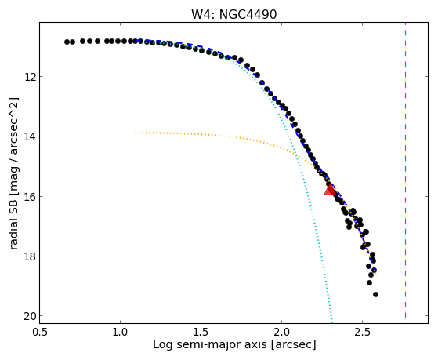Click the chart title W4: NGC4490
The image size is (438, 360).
(x=233, y=15)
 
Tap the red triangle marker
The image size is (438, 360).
(x=330, y=189)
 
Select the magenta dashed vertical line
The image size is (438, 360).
(x=405, y=170)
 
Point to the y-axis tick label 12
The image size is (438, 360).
(x=29, y=76)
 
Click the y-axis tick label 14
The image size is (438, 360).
(x=29, y=136)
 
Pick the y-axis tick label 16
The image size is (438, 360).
(x=29, y=196)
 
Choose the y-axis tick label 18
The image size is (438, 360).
(x=29, y=256)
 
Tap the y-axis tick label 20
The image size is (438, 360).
(x=29, y=316)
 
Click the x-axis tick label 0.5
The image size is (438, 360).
(x=39, y=333)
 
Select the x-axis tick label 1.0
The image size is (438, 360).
(x=120, y=333)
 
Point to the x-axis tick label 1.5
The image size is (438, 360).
(x=201, y=333)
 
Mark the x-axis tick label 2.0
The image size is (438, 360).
(x=281, y=333)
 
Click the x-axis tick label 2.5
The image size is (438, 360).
(x=362, y=333)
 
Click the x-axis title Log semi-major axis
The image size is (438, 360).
(x=210, y=345)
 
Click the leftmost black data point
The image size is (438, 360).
(x=67, y=42)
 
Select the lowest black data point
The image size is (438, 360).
(x=375, y=294)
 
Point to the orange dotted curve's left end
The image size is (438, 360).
(x=136, y=133)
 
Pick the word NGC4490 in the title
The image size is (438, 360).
(x=248, y=15)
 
